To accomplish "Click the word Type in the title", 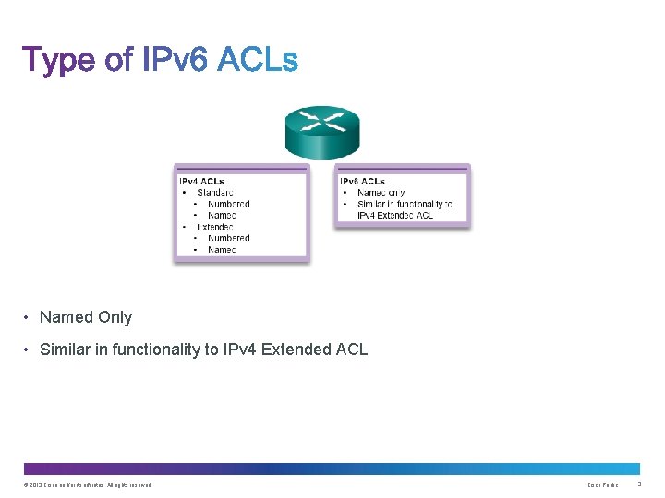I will coord(59,60).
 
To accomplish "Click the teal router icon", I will coord(321,132).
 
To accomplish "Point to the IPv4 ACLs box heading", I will coord(201,181).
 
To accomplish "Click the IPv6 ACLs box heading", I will coord(362,181).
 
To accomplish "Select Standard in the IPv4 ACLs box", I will coord(215,193).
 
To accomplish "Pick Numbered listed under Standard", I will coord(228,204).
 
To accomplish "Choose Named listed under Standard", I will coord(222,215).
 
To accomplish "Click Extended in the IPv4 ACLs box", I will coord(215,227).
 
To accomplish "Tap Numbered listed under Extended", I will coord(228,238).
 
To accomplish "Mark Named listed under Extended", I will coord(222,249).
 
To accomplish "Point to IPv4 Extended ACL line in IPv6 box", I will coord(395,215).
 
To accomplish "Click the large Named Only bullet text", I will coord(86,317).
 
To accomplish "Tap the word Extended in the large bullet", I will coord(298,350).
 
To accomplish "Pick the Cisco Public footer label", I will coord(604,485).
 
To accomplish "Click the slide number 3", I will coord(639,485).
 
